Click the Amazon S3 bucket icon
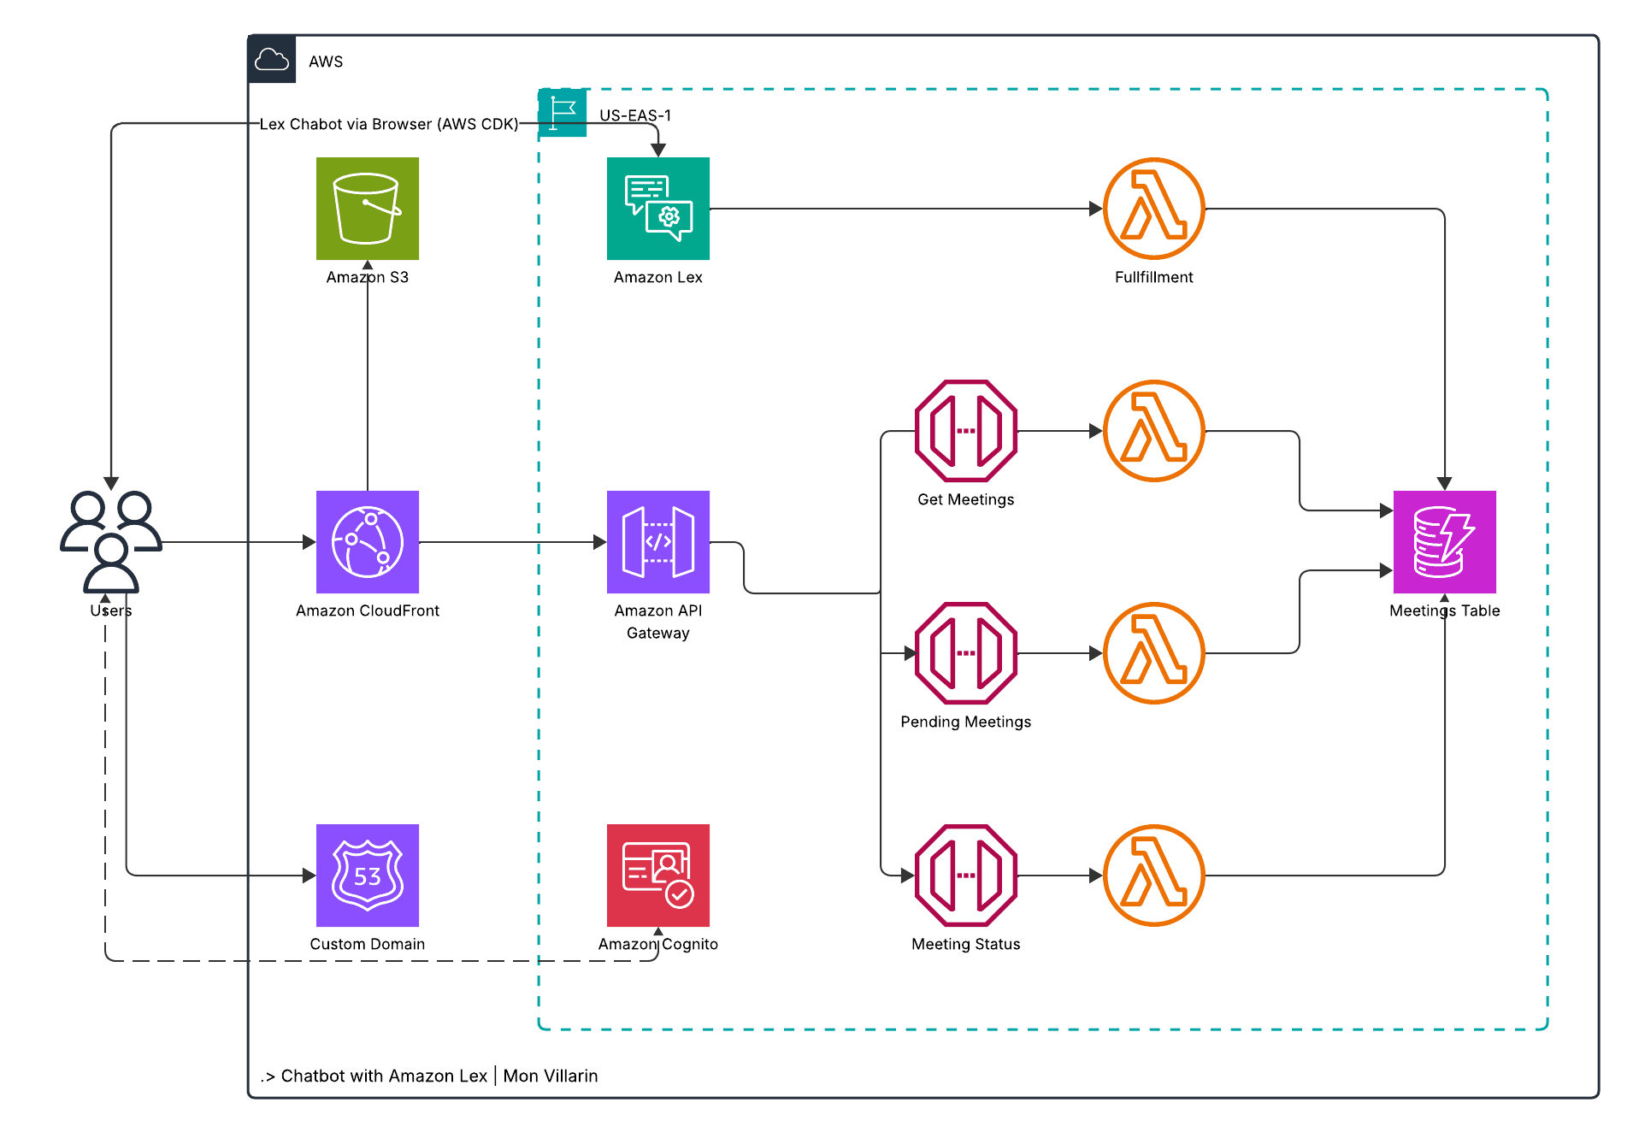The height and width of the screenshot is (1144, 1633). [367, 208]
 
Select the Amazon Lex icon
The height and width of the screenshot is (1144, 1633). [657, 208]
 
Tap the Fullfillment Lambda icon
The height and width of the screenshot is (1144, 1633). [1153, 208]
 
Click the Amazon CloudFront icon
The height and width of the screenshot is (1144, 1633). [367, 541]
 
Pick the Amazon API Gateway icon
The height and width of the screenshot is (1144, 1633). [657, 541]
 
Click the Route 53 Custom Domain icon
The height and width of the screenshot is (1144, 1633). [367, 875]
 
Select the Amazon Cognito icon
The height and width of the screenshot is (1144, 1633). [657, 875]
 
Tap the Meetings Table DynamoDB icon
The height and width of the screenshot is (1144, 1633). [1444, 541]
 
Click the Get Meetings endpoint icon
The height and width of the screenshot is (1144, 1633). [965, 430]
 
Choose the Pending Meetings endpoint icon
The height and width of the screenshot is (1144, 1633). [965, 652]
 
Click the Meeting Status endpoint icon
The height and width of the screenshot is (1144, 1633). [965, 875]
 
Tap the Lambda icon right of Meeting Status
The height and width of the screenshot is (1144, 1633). [1153, 875]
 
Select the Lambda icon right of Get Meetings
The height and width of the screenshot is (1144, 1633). [1153, 430]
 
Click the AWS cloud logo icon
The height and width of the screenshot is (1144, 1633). [272, 60]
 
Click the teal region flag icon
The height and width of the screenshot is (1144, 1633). [562, 112]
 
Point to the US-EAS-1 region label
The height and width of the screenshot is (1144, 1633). [634, 115]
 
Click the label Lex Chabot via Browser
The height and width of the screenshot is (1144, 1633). [388, 124]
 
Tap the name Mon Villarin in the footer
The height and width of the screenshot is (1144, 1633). [550, 1076]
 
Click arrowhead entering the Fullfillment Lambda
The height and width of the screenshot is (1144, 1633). [1095, 208]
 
